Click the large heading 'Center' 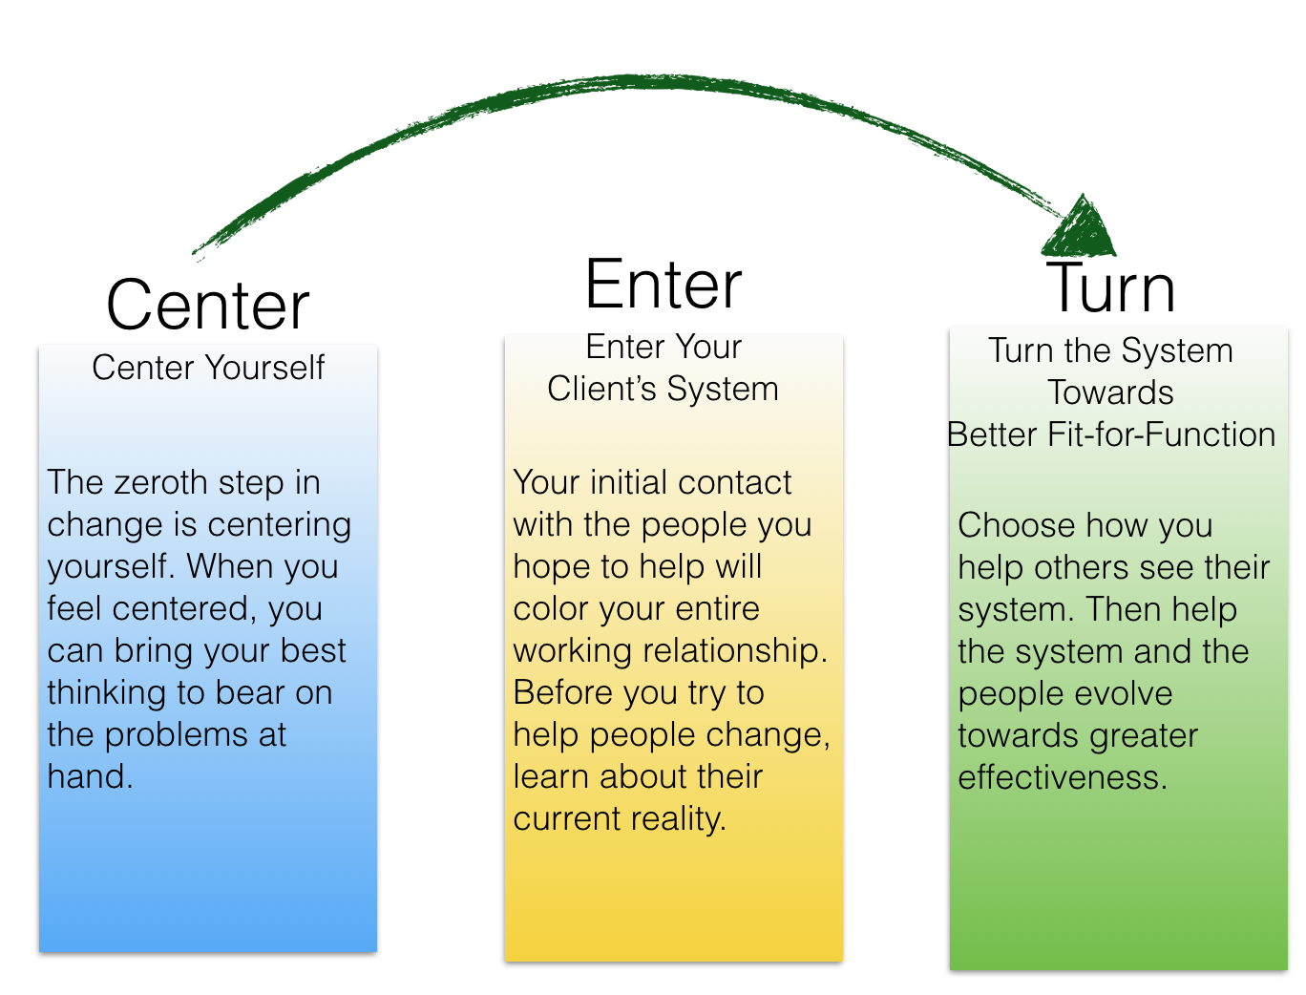click(207, 304)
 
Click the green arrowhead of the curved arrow click(1080, 226)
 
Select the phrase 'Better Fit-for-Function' click(1111, 434)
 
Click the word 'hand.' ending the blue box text click(90, 776)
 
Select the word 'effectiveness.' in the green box click(1062, 777)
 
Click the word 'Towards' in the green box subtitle click(1110, 392)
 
